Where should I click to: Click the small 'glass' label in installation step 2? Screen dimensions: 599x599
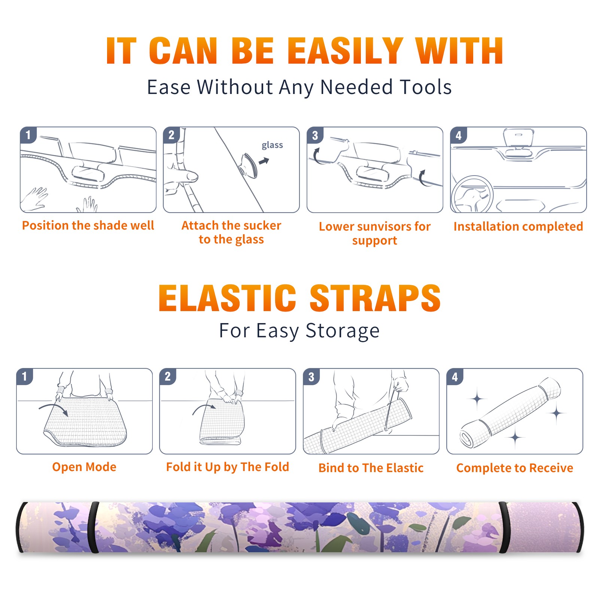click(272, 145)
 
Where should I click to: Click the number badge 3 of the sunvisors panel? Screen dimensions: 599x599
click(315, 136)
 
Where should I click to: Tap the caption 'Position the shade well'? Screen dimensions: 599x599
click(88, 225)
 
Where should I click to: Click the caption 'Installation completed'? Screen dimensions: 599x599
click(518, 226)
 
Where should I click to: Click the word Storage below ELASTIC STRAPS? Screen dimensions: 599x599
click(343, 331)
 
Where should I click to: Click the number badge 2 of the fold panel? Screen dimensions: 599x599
click(168, 377)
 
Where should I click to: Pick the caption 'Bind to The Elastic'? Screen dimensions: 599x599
click(371, 468)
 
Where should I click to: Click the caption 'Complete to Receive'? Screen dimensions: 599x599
click(515, 468)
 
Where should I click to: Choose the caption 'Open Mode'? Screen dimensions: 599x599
click(84, 467)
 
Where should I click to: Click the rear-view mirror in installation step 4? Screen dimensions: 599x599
click(519, 138)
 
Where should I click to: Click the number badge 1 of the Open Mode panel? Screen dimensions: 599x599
click(25, 377)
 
